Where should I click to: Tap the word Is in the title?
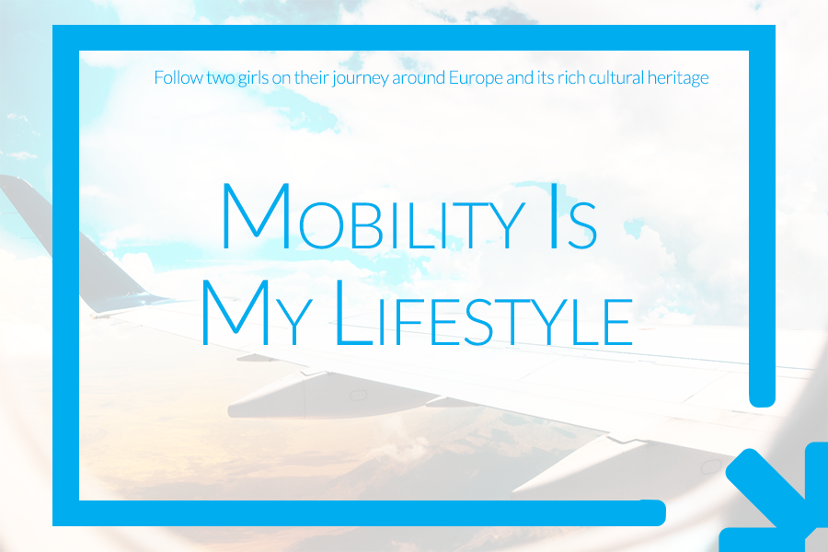coord(573,216)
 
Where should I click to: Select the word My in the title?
coord(257,313)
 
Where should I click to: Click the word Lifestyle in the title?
coord(484,313)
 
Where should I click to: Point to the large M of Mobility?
coord(256,216)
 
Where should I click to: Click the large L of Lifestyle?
coord(353,313)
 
